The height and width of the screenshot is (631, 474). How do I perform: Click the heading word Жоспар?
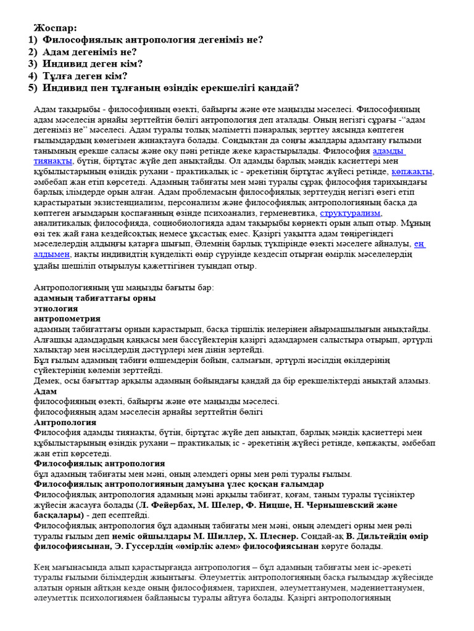(55, 28)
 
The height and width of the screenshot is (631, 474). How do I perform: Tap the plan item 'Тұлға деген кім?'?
(85, 76)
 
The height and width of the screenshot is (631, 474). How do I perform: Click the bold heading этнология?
(56, 308)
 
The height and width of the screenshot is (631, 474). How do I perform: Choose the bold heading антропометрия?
(67, 319)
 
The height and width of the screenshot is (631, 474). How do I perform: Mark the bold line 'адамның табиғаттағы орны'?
(94, 298)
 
